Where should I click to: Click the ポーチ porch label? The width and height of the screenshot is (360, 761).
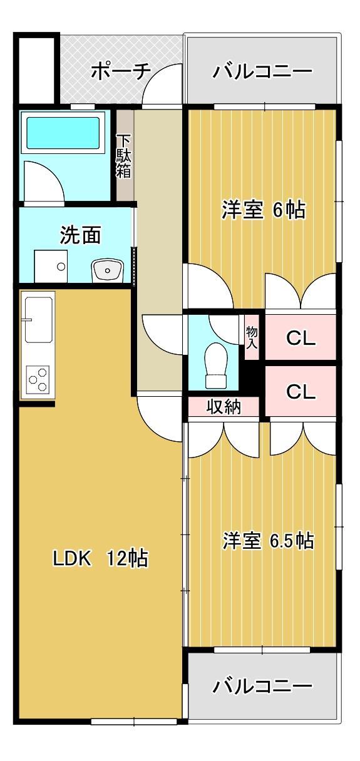coord(121,72)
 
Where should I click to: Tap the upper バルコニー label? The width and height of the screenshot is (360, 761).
coord(262,72)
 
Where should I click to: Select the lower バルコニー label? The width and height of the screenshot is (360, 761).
coord(262,687)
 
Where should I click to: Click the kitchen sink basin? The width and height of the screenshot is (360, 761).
coord(39,320)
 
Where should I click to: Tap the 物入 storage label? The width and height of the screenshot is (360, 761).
coord(252,337)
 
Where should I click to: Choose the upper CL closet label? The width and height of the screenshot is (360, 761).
coord(301,338)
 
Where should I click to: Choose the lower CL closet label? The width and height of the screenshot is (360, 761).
coord(301,392)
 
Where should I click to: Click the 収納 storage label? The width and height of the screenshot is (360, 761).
coord(224,407)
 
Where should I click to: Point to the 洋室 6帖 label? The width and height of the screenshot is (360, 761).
coord(263,210)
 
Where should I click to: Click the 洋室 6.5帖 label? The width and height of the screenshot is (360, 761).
coord(268,540)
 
